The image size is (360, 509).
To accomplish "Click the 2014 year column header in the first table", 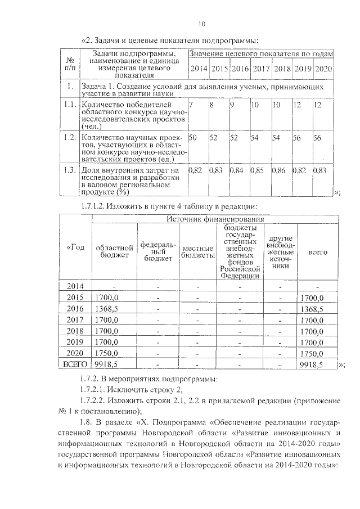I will pos(198,69).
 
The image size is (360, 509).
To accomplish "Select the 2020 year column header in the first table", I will pos(323,69).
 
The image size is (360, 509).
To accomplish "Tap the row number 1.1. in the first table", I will pos(69,105).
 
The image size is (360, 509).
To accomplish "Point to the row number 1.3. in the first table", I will pos(69,169).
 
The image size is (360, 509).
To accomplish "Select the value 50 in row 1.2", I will pos(193,137).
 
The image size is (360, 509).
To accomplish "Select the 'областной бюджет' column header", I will pos(115,251).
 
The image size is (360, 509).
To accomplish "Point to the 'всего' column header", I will pos(318,253).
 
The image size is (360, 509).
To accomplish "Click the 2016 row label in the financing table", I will pos(75,309).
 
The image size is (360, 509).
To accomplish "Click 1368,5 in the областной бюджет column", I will pos(107,309).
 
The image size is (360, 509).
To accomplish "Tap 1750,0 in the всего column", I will pos(311,353).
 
